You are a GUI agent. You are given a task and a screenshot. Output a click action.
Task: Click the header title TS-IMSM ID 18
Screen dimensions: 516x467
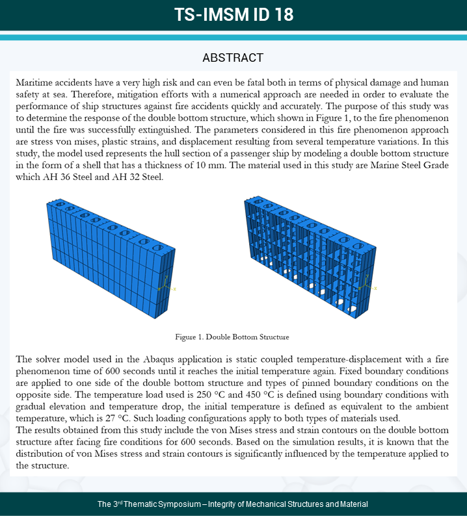click(x=233, y=15)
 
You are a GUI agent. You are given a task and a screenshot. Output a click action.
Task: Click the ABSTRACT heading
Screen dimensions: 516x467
click(x=233, y=58)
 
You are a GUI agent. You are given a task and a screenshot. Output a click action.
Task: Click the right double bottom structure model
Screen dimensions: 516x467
click(x=309, y=260)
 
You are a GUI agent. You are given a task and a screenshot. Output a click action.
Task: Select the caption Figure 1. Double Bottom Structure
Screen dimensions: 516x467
click(x=232, y=337)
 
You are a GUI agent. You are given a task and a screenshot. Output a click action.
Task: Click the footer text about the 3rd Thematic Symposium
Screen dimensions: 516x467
click(x=233, y=504)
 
